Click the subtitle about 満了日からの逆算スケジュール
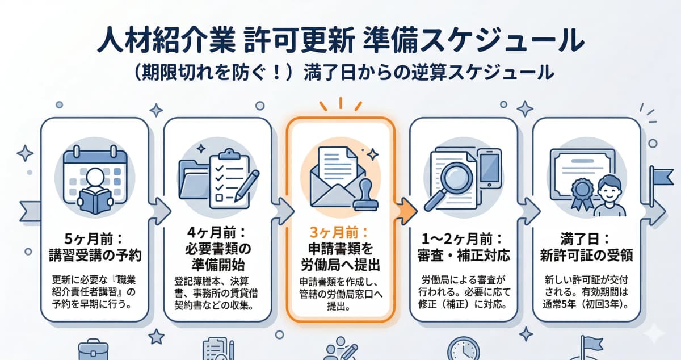pyautogui.click(x=340, y=73)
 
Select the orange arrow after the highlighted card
pyautogui.click(x=406, y=211)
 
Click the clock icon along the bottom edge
pyautogui.click(x=462, y=350)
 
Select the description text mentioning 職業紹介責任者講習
pyautogui.click(x=94, y=291)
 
